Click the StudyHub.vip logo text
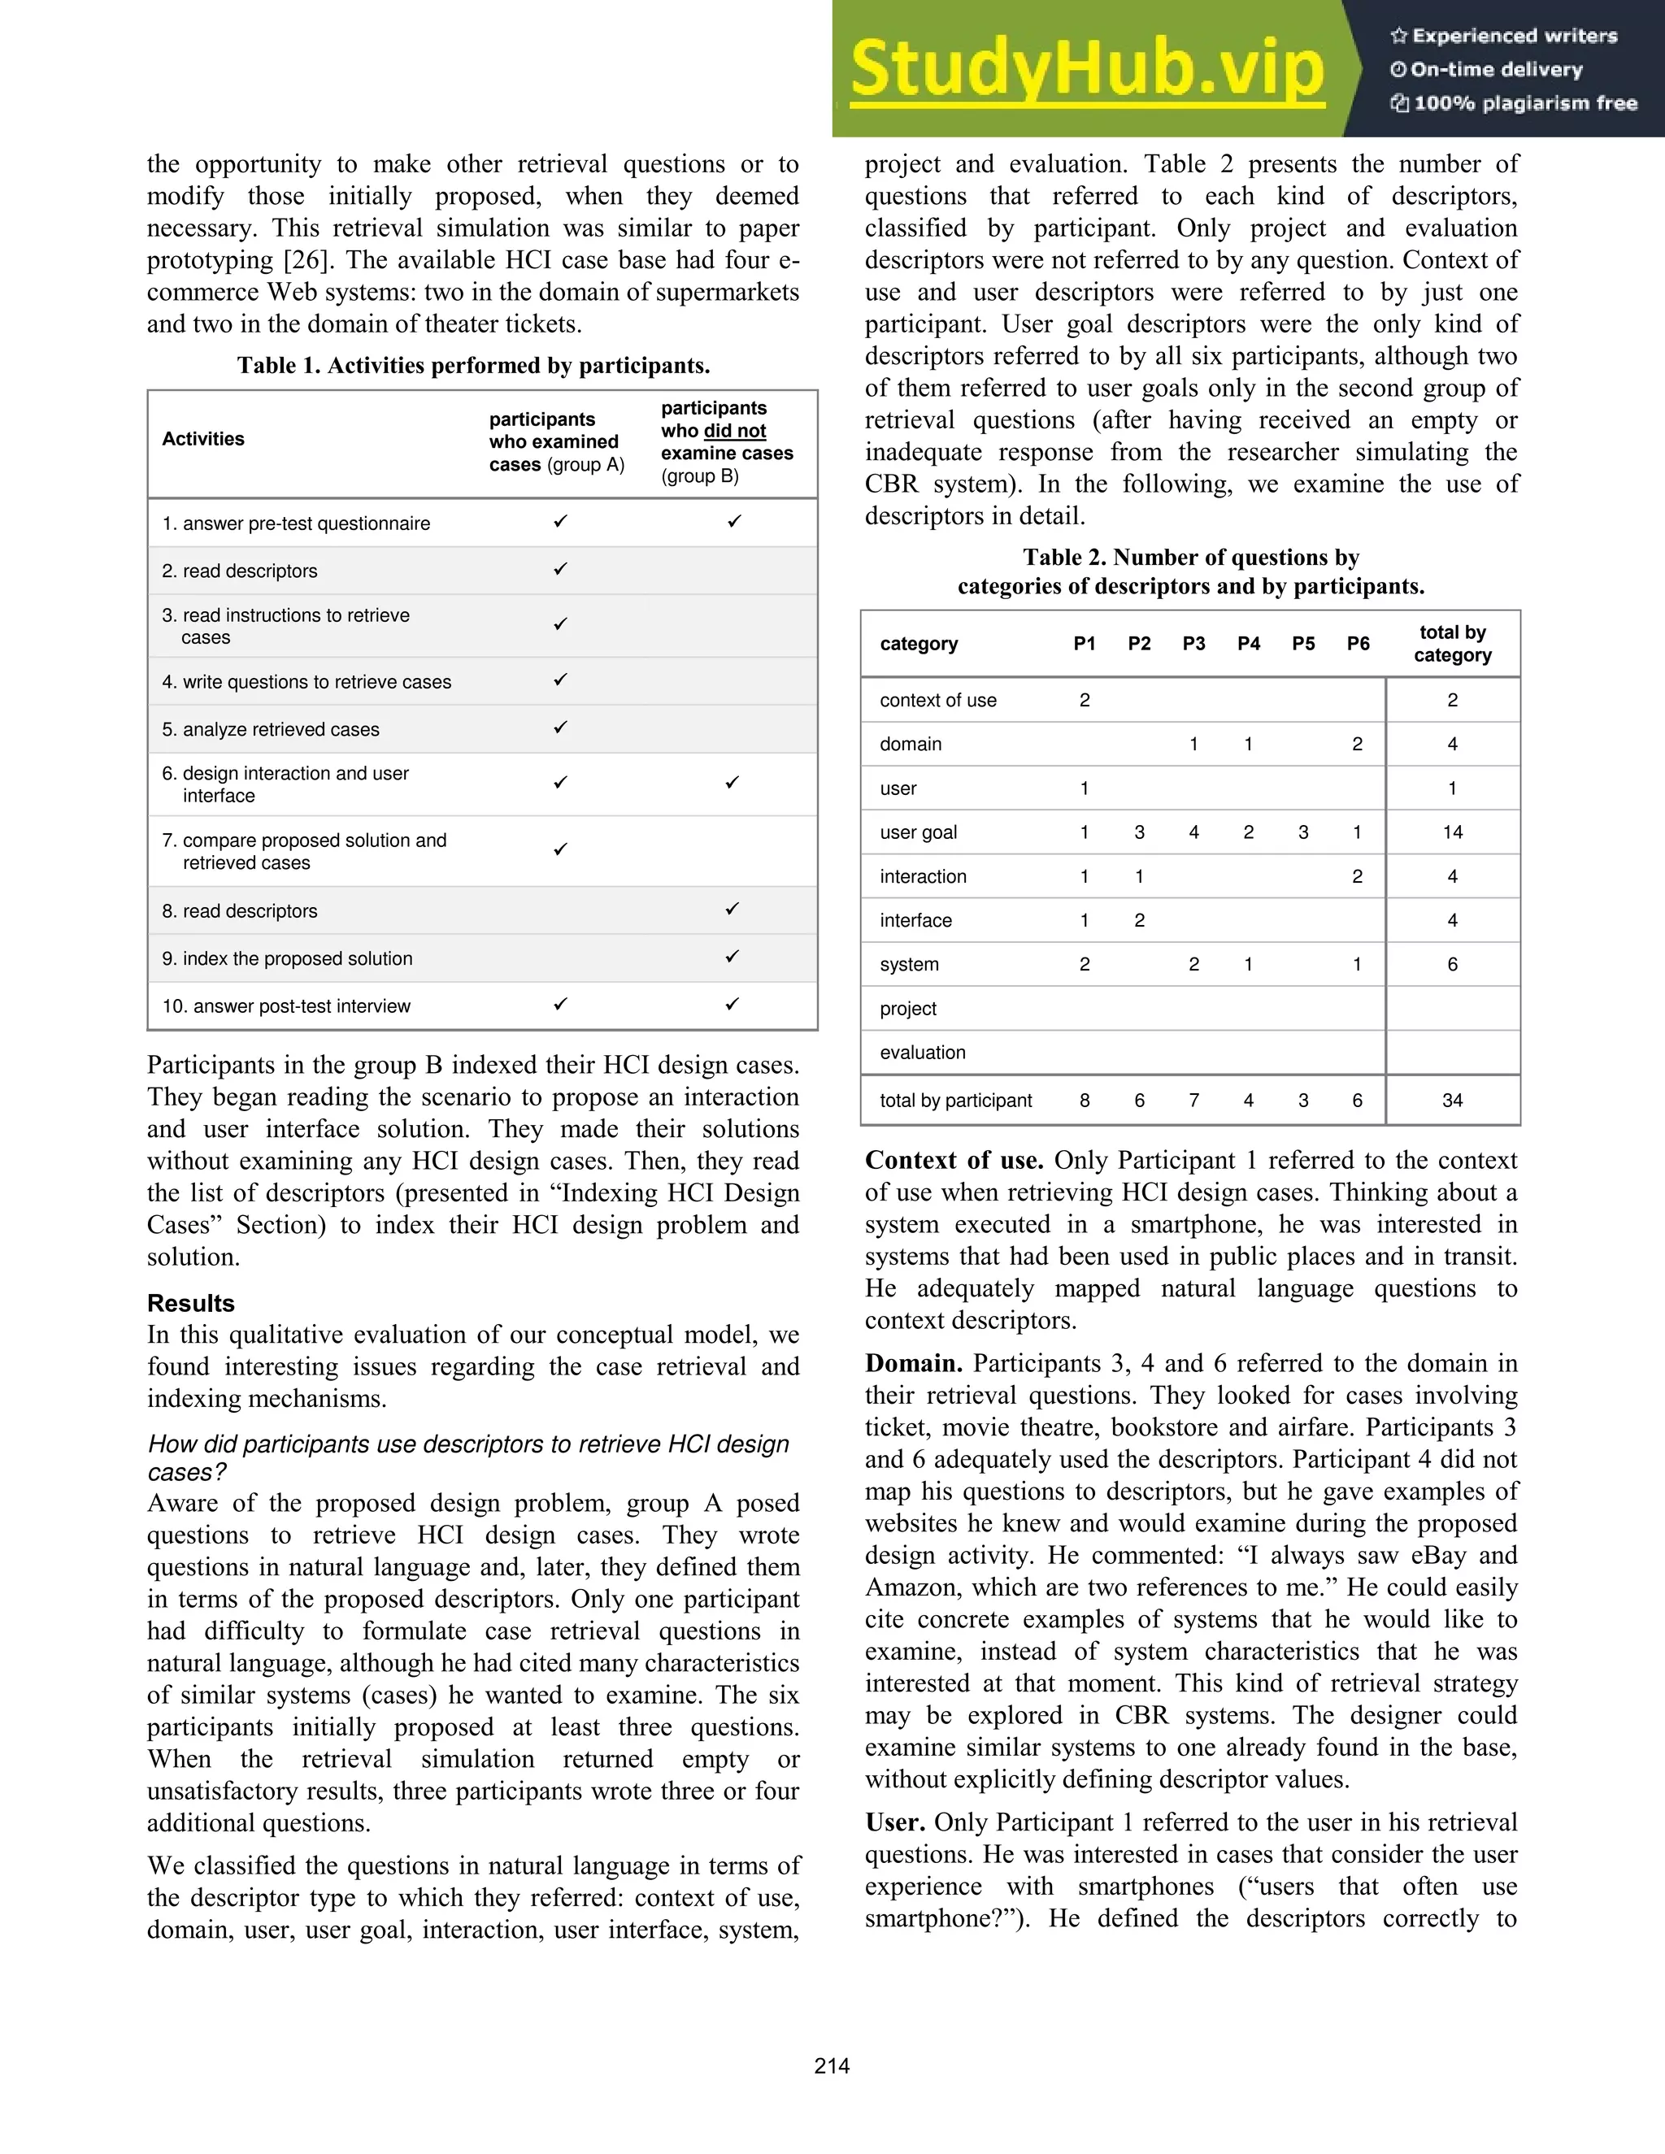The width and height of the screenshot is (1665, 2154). click(x=1086, y=69)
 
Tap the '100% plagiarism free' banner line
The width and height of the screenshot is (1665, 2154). click(x=1514, y=102)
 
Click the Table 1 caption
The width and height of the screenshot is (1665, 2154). click(x=473, y=366)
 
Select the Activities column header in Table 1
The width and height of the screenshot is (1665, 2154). click(x=203, y=439)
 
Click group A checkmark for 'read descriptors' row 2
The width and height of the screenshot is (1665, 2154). click(x=560, y=569)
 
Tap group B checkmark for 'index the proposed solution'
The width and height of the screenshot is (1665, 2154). click(x=732, y=957)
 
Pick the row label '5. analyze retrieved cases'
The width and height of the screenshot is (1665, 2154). click(x=270, y=730)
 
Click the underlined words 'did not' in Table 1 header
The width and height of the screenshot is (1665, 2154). click(x=735, y=431)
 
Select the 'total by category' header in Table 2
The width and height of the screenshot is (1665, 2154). click(x=1452, y=643)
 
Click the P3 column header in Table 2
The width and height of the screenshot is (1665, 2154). click(x=1193, y=644)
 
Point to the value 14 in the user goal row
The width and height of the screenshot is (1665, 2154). click(x=1452, y=832)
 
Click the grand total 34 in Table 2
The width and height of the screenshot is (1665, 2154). click(x=1452, y=1101)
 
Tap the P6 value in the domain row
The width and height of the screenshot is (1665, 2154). click(x=1357, y=745)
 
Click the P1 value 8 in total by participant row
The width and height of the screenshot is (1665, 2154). click(x=1084, y=1101)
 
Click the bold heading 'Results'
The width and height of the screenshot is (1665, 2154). click(x=190, y=1303)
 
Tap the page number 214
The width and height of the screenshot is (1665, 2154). click(x=832, y=2066)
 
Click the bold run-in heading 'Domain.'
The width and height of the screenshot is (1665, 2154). click(x=913, y=1364)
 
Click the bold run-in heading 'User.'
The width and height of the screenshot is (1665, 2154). click(x=894, y=1822)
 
